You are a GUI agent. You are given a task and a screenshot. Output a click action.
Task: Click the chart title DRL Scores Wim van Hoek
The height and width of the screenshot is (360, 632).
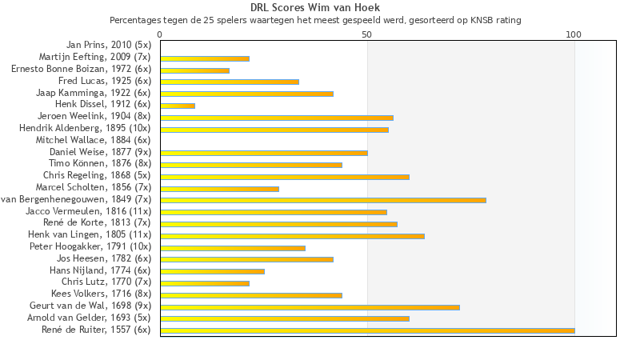(315, 7)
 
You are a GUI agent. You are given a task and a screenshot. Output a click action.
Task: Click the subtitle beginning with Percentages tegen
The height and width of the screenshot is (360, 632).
(315, 19)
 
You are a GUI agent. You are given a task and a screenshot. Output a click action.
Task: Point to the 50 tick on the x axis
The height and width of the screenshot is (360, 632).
(367, 35)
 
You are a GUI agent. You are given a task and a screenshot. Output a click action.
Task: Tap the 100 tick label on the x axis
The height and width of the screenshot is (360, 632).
(574, 35)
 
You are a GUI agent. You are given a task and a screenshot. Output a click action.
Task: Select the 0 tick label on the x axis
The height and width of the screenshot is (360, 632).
(160, 35)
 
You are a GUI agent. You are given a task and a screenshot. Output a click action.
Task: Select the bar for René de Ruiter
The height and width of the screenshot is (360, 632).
(367, 330)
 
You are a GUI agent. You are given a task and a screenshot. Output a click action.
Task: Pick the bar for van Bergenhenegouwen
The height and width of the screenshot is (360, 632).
(323, 200)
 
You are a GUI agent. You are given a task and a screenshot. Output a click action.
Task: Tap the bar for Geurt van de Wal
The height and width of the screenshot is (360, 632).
(310, 306)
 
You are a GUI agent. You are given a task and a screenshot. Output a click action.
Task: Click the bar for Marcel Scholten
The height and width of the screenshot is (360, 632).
(219, 188)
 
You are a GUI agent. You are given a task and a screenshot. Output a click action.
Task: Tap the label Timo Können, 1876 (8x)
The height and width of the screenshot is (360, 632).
(100, 164)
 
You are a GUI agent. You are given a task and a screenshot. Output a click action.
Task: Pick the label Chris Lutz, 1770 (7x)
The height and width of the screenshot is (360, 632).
(106, 282)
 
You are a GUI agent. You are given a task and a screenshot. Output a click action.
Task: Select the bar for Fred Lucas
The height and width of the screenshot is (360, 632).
(230, 82)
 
